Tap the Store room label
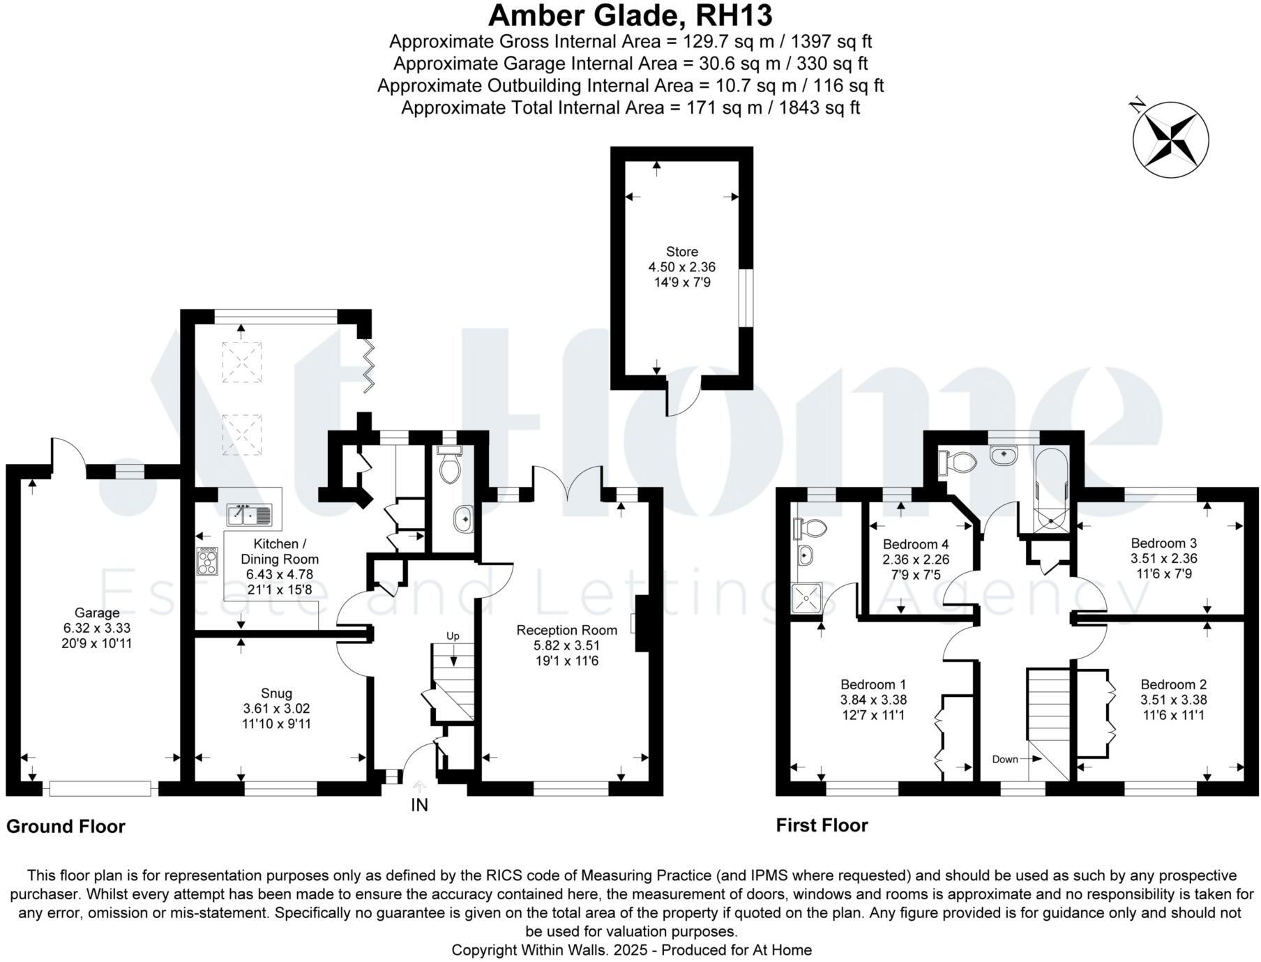(x=681, y=252)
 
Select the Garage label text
(x=97, y=613)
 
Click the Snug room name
(x=276, y=693)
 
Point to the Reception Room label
(x=566, y=631)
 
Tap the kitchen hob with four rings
(x=208, y=561)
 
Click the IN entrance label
(x=419, y=805)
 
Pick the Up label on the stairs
(x=453, y=636)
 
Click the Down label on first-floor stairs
(x=1005, y=759)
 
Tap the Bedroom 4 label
(x=916, y=545)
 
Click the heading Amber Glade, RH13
(x=630, y=15)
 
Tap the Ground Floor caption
(x=66, y=827)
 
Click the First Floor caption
(x=822, y=826)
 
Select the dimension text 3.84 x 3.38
(x=873, y=700)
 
